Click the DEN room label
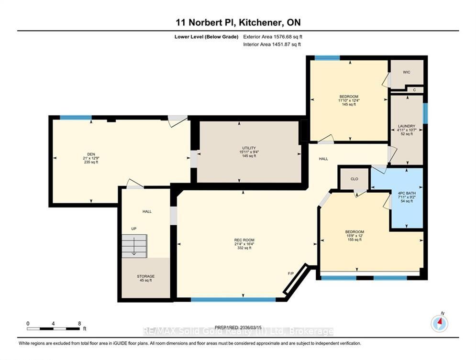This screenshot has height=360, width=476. coord(91,154)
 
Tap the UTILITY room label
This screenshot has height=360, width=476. coord(249,148)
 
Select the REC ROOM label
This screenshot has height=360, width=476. coord(244,240)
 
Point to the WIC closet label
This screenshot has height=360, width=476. coord(407,72)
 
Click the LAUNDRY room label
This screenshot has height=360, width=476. coord(407,126)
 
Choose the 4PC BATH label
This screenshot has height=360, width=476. coord(407,193)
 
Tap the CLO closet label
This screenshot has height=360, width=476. coord(354,179)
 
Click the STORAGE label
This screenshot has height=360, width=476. coord(146,276)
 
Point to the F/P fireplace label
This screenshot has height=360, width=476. coord(291,273)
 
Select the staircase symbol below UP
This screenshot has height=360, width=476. coord(134,246)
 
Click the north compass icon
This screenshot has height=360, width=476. coord(439,323)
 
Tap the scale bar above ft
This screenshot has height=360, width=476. coord(53,329)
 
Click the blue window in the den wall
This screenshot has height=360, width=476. coord(76,118)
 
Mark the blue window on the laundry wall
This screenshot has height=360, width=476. coord(425,113)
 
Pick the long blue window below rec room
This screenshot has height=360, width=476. coord(233,300)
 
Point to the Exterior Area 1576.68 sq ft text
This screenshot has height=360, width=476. coord(273,37)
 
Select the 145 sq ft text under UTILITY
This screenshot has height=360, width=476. coord(249,156)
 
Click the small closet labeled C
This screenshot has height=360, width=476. coord(414,90)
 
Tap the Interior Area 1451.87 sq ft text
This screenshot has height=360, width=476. coord(272,44)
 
